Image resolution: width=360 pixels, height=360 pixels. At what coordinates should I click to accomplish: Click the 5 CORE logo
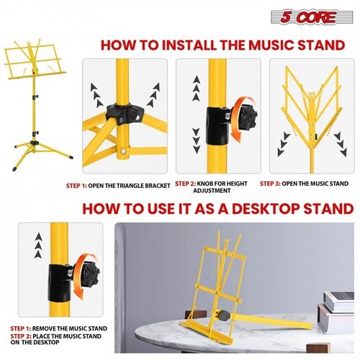coord(312,17)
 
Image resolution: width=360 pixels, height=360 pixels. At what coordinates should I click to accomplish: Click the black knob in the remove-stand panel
coord(90,274)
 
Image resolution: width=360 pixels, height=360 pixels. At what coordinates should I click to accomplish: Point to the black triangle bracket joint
coord(125,114)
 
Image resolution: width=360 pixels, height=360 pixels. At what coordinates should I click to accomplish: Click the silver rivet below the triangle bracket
coord(123,151)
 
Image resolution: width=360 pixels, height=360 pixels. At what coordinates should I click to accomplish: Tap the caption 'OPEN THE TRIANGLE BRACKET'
coord(129,186)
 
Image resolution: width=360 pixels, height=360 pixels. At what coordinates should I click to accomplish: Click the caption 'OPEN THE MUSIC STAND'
coord(315,184)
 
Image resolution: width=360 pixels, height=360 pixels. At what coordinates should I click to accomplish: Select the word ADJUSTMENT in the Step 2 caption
coord(212,191)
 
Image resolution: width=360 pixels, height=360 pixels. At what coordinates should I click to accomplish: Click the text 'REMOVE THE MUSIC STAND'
coord(70,328)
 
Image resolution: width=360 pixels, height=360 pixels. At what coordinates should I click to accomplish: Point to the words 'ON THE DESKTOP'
coord(35,342)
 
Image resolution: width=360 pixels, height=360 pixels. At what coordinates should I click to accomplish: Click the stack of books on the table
coord(337,312)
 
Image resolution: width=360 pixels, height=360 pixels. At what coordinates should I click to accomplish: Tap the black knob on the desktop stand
coord(224,315)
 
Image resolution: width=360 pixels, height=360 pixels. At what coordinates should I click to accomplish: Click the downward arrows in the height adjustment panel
coord(197,141)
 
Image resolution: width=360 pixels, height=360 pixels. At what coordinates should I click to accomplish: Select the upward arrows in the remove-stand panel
coord(38,246)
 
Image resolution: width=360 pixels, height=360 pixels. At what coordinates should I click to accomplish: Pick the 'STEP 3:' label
coord(270,184)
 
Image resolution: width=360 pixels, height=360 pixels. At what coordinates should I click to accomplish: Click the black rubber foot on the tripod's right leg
coord(71,157)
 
